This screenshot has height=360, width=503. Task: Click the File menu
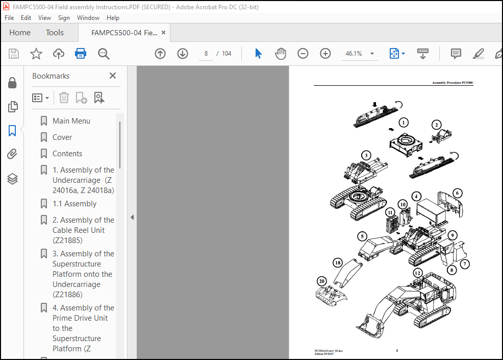point(9,17)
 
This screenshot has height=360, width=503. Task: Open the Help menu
point(113,17)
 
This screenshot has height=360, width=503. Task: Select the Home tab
point(20,32)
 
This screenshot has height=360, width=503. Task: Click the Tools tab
point(55,32)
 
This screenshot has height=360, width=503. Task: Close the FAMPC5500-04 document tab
point(163,32)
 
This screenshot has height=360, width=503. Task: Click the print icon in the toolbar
point(81,54)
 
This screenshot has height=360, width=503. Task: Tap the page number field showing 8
point(206,54)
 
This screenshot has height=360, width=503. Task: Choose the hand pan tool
point(281,54)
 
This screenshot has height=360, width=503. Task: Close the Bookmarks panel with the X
point(113,76)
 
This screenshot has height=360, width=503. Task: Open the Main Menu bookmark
point(71,121)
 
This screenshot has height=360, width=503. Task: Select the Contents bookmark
point(67,154)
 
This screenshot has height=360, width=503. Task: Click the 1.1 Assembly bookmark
point(74,204)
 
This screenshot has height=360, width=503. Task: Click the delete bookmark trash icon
point(64,98)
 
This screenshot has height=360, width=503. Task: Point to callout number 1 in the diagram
point(404,123)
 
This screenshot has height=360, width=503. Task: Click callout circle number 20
point(321,281)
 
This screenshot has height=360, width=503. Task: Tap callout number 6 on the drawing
point(458,193)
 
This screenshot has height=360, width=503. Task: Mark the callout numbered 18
point(337,262)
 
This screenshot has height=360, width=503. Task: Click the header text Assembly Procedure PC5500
point(452,83)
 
